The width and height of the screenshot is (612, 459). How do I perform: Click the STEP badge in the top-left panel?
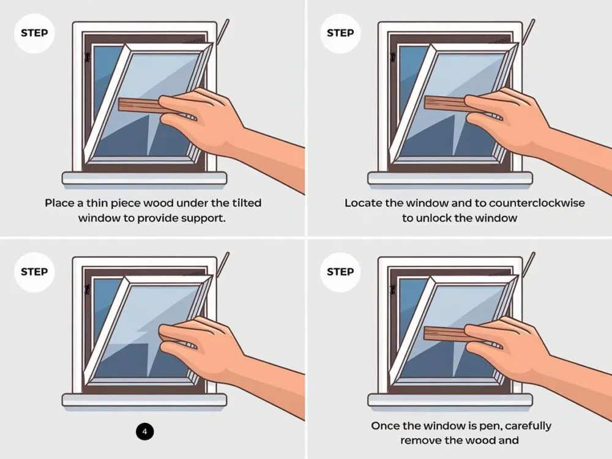[x=34, y=33]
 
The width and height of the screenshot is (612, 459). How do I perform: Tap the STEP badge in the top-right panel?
[x=340, y=33]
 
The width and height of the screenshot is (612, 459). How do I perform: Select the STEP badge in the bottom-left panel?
[x=34, y=272]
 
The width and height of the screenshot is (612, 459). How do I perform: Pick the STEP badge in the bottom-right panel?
[x=340, y=272]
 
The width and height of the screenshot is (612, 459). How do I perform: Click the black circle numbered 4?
[x=145, y=431]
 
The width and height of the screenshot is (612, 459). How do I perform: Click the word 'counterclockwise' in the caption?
[x=537, y=203]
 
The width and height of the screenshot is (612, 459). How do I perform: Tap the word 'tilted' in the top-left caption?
[x=247, y=203]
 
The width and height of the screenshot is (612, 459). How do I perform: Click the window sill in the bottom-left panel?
[x=144, y=400]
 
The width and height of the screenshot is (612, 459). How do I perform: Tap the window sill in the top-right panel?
[x=450, y=178]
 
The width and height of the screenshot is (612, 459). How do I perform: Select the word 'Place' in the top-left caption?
[x=60, y=203]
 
